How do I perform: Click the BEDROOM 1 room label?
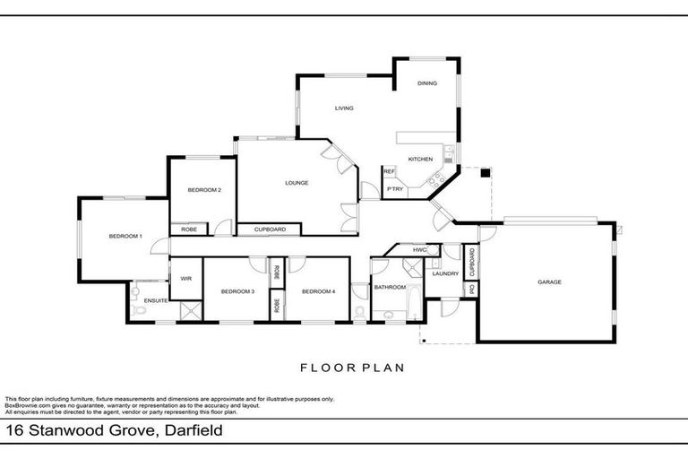pyautogui.click(x=125, y=236)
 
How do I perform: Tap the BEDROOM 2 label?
pyautogui.click(x=204, y=190)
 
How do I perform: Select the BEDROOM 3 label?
pyautogui.click(x=237, y=291)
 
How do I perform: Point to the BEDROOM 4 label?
pyautogui.click(x=318, y=291)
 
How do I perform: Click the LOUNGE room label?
pyautogui.click(x=297, y=183)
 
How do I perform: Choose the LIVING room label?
pyautogui.click(x=344, y=108)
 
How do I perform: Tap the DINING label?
pyautogui.click(x=426, y=83)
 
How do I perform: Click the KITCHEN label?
pyautogui.click(x=420, y=159)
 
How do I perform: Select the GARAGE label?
pyautogui.click(x=549, y=282)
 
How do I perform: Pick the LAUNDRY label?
pyautogui.click(x=445, y=274)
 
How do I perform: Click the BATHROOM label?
pyautogui.click(x=391, y=288)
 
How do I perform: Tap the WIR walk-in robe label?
pyautogui.click(x=186, y=279)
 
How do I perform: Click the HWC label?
pyautogui.click(x=419, y=249)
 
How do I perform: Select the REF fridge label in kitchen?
pyautogui.click(x=390, y=171)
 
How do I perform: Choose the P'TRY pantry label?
pyautogui.click(x=394, y=189)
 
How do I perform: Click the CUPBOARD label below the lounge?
pyautogui.click(x=270, y=229)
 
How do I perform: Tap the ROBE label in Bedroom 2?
pyautogui.click(x=189, y=229)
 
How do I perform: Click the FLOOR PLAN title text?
pyautogui.click(x=352, y=367)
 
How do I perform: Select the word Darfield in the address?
pyautogui.click(x=191, y=432)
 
